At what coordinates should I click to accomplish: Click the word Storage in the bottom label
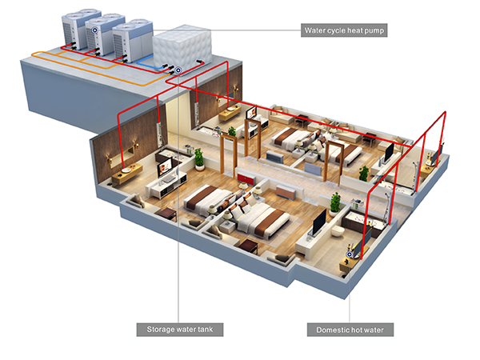[159, 330]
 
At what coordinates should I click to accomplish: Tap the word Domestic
[330, 330]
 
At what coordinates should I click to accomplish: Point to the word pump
[374, 30]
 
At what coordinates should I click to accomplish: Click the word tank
[205, 330]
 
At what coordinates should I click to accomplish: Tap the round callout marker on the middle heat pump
[95, 30]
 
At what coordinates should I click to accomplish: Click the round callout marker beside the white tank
[178, 70]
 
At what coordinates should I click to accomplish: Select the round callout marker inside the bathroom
[349, 254]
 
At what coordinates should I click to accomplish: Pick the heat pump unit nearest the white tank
[132, 41]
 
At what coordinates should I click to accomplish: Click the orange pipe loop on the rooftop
[95, 69]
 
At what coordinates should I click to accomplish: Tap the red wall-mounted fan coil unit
[246, 178]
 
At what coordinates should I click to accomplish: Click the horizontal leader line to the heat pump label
[227, 30]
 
